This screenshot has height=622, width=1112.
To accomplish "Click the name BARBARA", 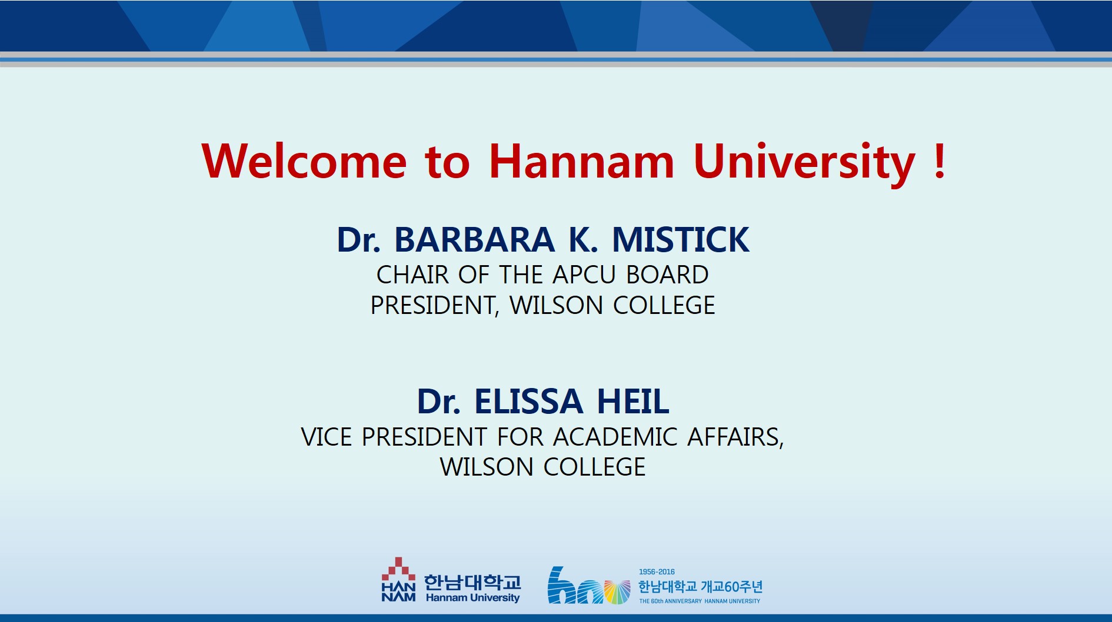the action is (474, 239).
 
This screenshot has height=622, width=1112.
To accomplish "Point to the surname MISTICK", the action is (681, 239).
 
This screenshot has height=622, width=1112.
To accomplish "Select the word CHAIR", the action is (412, 275).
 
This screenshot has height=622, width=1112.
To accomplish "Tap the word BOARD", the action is (667, 275).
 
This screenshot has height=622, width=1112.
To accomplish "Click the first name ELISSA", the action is (528, 401).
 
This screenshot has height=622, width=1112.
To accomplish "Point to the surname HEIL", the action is (633, 401).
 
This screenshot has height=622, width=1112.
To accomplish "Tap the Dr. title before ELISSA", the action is (438, 401).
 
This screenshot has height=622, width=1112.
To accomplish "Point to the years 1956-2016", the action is (657, 571).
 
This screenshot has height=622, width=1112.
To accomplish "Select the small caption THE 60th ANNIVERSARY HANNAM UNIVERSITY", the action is (700, 601).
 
